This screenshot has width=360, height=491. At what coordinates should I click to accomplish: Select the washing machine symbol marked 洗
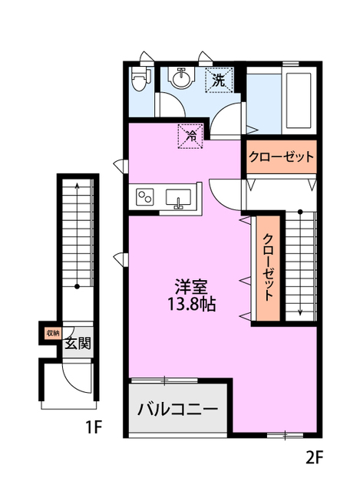click(x=219, y=80)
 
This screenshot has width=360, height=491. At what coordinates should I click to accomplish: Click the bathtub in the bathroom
click(x=298, y=101)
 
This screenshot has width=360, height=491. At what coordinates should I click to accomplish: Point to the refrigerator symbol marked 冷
click(x=190, y=136)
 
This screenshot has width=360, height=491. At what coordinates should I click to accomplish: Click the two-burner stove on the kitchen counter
click(x=144, y=197)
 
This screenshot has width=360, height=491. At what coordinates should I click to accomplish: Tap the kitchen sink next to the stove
click(x=178, y=199)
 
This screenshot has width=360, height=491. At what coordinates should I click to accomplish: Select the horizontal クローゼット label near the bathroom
click(x=281, y=157)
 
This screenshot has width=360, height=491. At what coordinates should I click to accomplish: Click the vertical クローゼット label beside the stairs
click(x=268, y=267)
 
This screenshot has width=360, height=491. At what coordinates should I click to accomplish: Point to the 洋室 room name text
click(x=191, y=286)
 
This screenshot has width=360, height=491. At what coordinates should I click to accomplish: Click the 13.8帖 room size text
click(x=192, y=304)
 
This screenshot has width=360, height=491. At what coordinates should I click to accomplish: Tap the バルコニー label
click(x=177, y=409)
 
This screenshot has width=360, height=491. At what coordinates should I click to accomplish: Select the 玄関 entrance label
click(x=78, y=344)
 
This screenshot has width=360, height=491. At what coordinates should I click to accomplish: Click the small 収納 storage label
click(x=53, y=333)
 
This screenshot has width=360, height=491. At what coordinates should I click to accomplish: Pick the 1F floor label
click(x=94, y=427)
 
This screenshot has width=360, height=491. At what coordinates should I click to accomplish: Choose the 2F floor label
click(x=313, y=458)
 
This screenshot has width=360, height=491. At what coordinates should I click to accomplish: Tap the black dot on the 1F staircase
click(x=77, y=286)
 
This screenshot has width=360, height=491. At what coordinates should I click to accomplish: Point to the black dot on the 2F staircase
click(x=300, y=212)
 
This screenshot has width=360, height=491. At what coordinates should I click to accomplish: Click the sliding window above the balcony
click(x=164, y=381)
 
